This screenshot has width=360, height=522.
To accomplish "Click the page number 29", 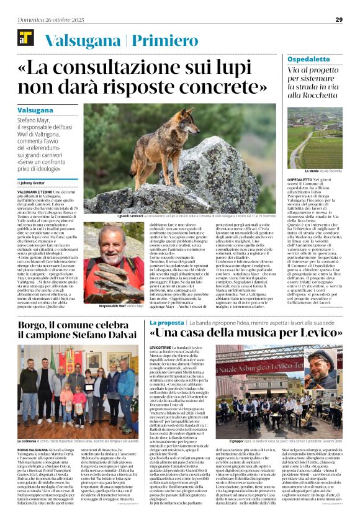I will (x=339, y=20).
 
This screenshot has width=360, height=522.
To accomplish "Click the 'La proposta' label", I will (x=167, y=323).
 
